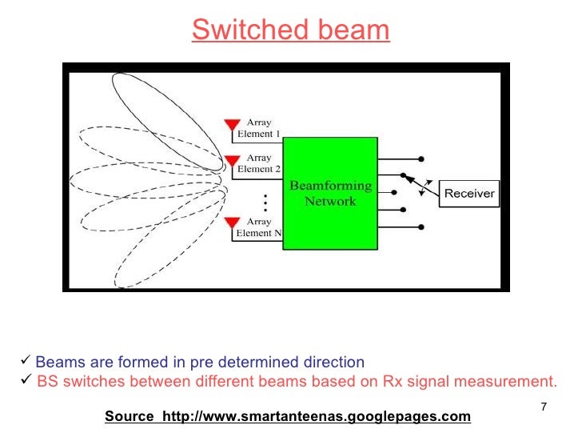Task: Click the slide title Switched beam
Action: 290,30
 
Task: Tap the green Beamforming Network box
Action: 330,193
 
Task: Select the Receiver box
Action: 469,193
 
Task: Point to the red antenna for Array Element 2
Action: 232,160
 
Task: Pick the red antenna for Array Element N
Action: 232,223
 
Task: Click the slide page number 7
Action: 543,407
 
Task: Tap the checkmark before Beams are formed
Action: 25,362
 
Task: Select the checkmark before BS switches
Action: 25,381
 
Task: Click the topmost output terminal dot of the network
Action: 421,158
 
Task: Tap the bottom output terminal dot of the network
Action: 421,229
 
